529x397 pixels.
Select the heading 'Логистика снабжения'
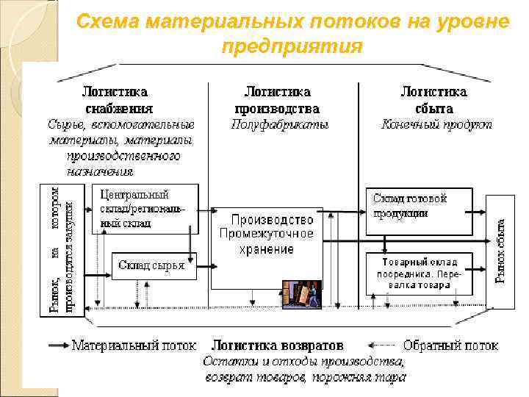[115, 100]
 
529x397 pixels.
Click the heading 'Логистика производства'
[278, 100]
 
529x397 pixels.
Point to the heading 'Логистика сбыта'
[433, 100]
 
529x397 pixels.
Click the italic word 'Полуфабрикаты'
[280, 124]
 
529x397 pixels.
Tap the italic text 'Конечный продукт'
[437, 124]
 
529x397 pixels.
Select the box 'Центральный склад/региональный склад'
[145, 209]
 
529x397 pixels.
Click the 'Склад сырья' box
[152, 265]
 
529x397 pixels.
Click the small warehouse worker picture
[302, 296]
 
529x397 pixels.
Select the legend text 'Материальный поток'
[134, 345]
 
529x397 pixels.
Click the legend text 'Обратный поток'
[451, 345]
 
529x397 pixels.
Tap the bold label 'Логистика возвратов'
[278, 345]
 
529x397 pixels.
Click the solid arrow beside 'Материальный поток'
[58, 345]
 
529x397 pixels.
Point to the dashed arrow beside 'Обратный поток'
[382, 345]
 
